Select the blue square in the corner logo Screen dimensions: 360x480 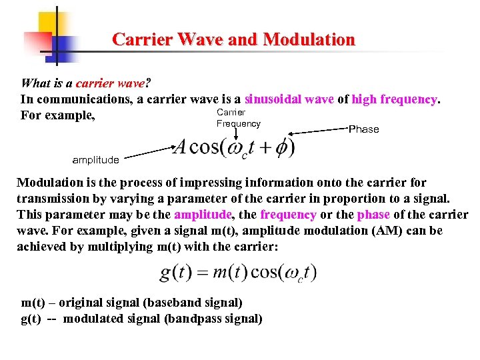61,45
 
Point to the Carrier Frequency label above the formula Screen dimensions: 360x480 238,118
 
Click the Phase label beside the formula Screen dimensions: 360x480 364,129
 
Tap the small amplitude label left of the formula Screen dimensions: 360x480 95,159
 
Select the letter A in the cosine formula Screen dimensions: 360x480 179,147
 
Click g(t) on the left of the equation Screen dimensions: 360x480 175,273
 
